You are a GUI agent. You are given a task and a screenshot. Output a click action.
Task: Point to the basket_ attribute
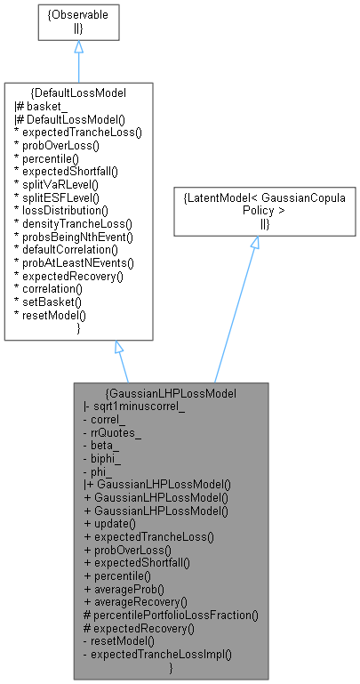coord(39,106)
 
